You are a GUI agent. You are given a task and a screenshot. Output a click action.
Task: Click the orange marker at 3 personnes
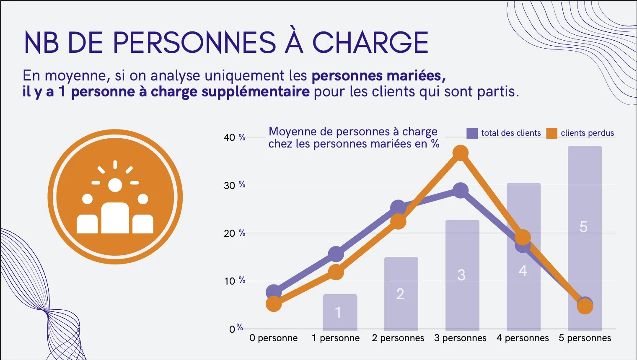(x=461, y=153)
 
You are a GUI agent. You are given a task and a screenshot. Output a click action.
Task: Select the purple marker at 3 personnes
(x=461, y=191)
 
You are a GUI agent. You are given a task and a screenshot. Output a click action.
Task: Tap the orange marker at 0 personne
(x=274, y=304)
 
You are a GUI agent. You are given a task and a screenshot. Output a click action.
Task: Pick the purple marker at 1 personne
(x=336, y=254)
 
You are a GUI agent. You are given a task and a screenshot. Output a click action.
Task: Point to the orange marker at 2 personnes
(x=398, y=221)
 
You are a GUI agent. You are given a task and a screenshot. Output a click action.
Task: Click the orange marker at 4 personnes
(x=523, y=238)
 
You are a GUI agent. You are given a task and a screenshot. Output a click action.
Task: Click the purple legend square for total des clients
(x=472, y=133)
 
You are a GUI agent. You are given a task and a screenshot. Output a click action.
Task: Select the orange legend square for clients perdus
(x=552, y=133)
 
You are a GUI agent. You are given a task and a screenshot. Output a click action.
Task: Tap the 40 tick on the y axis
(x=230, y=137)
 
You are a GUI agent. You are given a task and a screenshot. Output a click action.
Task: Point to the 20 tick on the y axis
(x=230, y=233)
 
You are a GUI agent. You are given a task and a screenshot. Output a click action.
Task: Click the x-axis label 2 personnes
(x=398, y=338)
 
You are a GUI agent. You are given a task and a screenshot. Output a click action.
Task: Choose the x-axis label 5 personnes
(x=585, y=338)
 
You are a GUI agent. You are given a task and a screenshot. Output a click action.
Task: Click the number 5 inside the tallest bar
(x=583, y=227)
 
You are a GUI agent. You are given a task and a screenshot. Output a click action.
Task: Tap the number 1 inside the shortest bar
(x=338, y=312)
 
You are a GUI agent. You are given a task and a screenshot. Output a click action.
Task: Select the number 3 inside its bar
(x=461, y=275)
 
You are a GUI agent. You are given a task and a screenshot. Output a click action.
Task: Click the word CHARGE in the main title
(x=370, y=42)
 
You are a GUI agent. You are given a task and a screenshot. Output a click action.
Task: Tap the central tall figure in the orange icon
(x=115, y=217)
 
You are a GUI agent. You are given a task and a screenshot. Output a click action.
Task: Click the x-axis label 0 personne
(x=273, y=338)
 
